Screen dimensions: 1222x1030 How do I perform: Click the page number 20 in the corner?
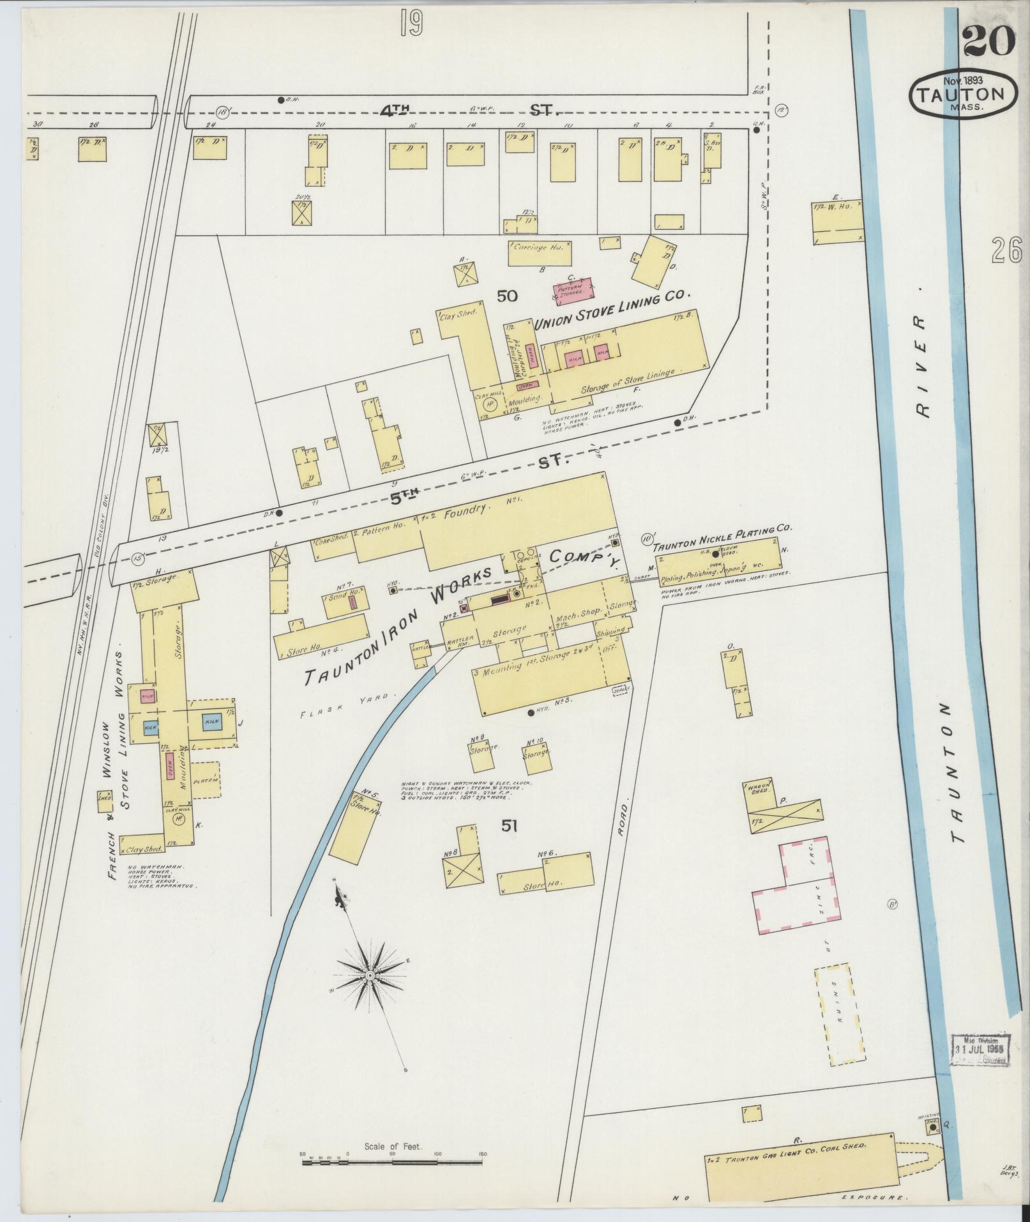(986, 40)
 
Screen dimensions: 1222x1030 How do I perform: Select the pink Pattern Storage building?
(572, 289)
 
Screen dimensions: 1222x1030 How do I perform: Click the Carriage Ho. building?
(540, 254)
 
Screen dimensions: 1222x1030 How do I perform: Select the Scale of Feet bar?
(392, 1156)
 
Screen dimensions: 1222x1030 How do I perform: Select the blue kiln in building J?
(211, 722)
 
